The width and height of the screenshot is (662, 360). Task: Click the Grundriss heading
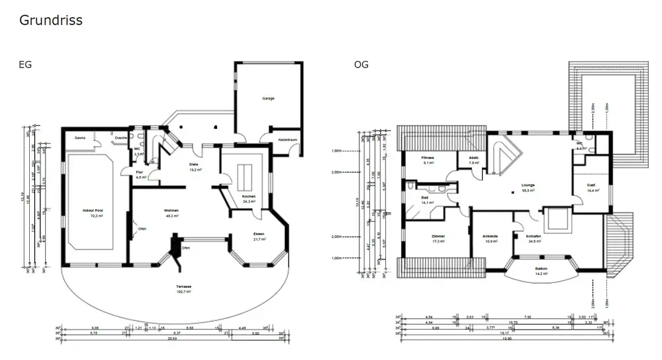[51, 21]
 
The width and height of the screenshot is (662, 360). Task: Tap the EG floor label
[26, 64]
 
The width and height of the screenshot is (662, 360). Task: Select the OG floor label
[361, 64]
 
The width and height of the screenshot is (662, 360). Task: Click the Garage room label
[268, 98]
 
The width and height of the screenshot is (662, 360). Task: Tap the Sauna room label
[79, 138]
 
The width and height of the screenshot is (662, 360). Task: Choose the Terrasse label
[183, 286]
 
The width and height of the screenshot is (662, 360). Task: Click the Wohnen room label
[172, 210]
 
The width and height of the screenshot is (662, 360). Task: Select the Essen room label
[259, 234]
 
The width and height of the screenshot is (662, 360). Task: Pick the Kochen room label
[249, 197]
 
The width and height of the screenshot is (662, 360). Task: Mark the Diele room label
[194, 165]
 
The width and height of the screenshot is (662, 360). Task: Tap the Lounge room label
[528, 185]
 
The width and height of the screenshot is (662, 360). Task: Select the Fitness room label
[428, 158]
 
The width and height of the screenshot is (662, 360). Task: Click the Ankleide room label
[490, 236]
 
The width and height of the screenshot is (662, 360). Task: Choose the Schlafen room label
[534, 236]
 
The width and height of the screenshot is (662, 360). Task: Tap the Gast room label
[591, 185]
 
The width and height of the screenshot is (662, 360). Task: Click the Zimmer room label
[438, 236]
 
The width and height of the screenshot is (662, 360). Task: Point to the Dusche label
[120, 138]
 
